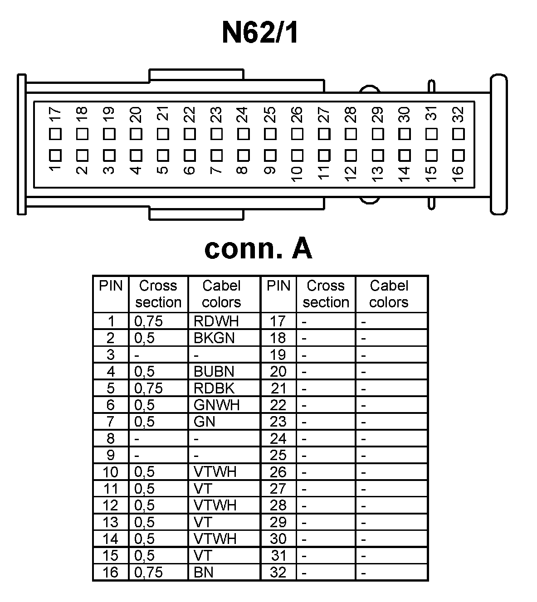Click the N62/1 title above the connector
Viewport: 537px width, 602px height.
click(x=259, y=33)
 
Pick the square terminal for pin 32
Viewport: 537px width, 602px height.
click(x=459, y=134)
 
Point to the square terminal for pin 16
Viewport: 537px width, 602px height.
click(x=459, y=155)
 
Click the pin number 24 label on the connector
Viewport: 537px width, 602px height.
click(x=243, y=114)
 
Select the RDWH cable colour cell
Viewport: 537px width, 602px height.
click(x=216, y=321)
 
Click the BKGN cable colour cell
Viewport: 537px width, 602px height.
click(x=214, y=338)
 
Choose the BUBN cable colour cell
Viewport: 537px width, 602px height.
click(x=214, y=371)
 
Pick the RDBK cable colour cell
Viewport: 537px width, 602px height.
click(x=214, y=388)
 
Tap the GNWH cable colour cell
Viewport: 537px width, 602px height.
click(x=216, y=405)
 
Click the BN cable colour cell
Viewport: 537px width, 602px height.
click(x=204, y=573)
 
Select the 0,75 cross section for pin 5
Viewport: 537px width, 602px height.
click(x=148, y=388)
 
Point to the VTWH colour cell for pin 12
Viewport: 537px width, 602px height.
click(x=215, y=505)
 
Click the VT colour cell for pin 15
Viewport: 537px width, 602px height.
click(x=203, y=556)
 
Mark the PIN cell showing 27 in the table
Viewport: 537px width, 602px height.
click(x=278, y=489)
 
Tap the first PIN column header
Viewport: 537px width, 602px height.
click(x=111, y=286)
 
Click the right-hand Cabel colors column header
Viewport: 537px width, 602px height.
click(x=389, y=294)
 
